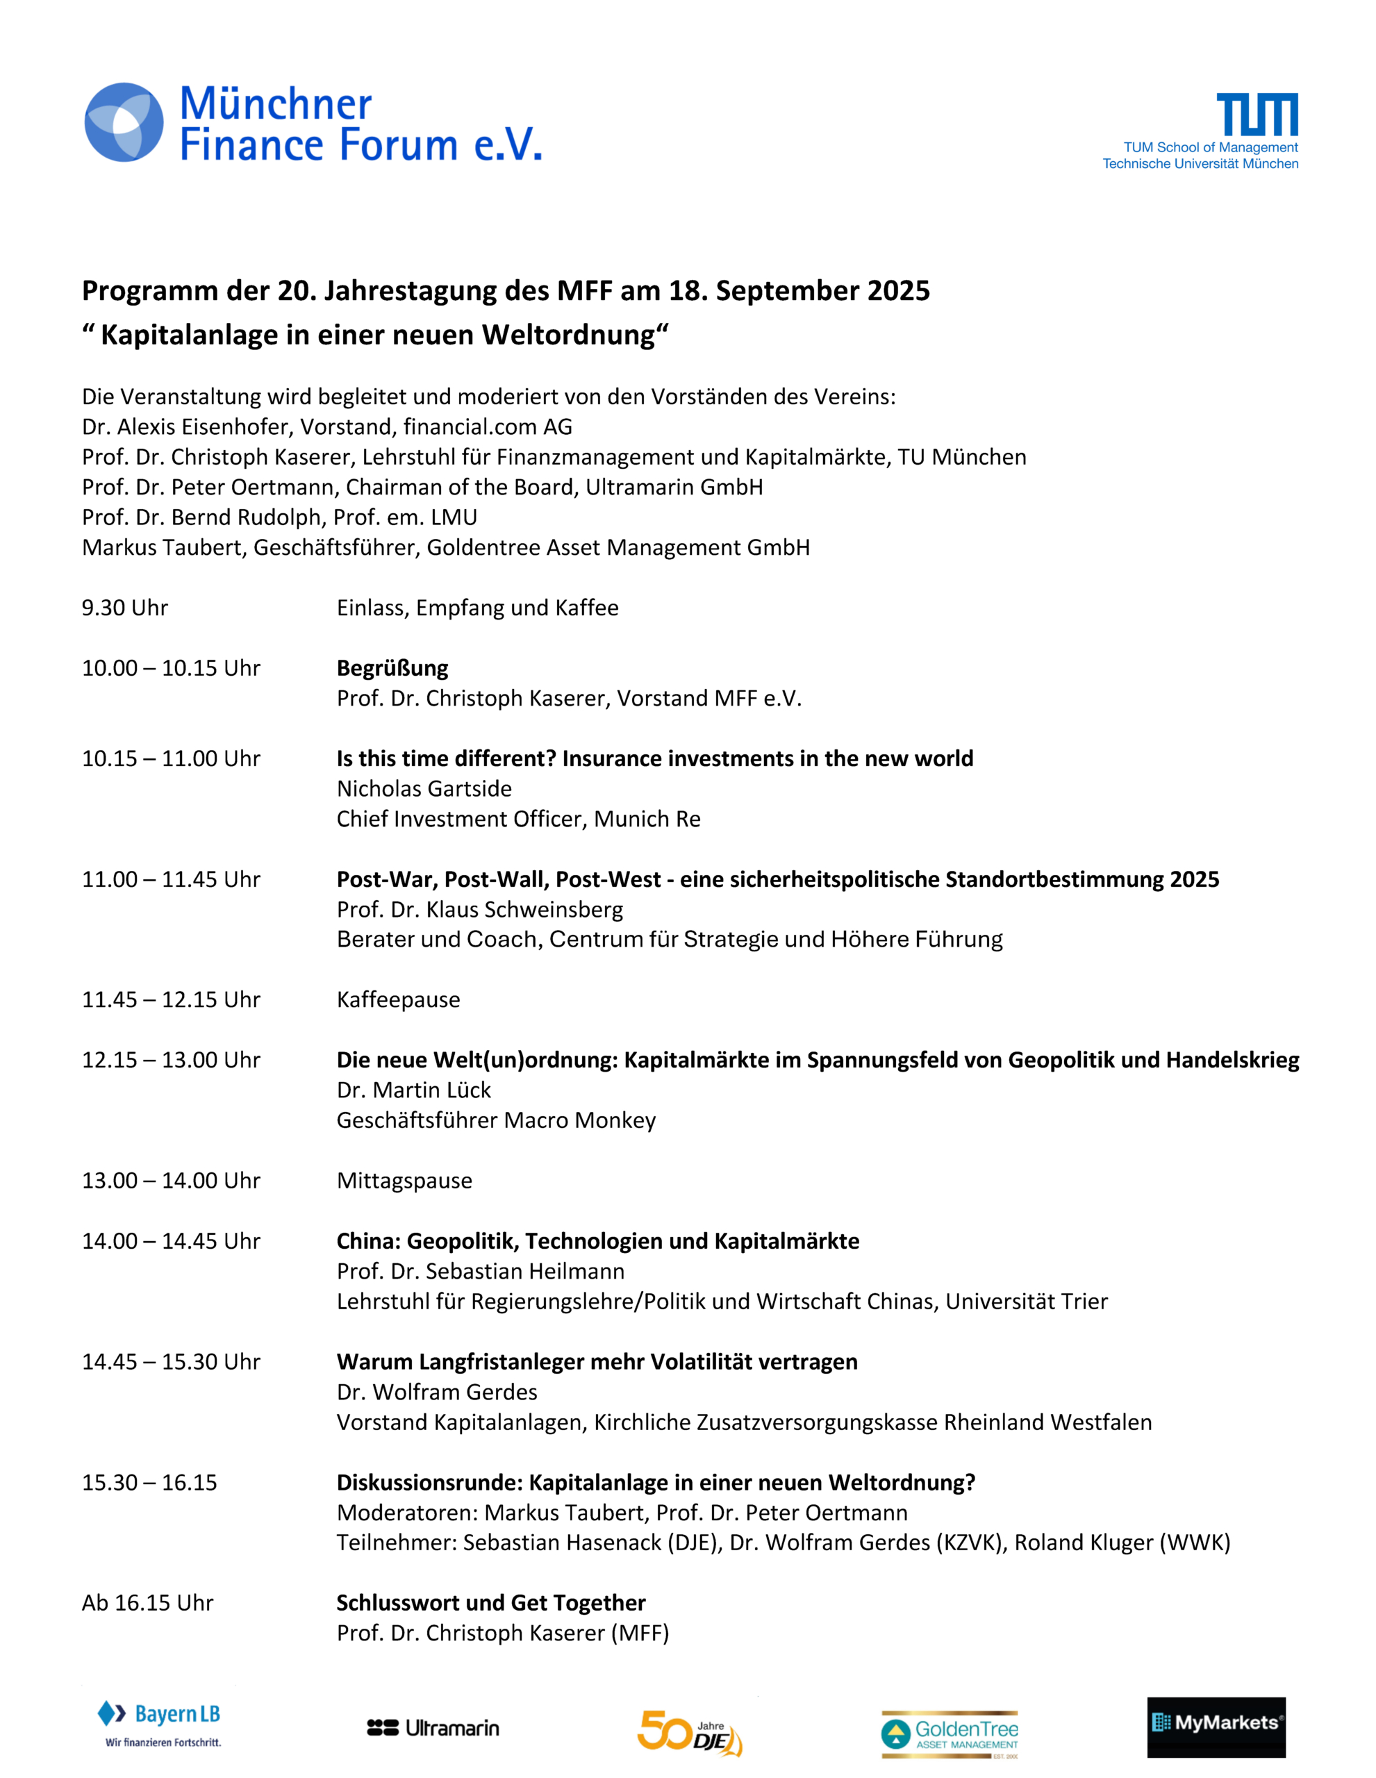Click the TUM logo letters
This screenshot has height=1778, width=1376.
point(1257,114)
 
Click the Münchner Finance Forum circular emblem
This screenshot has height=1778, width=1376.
point(124,122)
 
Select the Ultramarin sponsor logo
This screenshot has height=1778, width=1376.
point(433,1727)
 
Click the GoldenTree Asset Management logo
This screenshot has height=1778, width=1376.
point(950,1734)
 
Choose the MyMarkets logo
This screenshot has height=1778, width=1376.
point(1216,1727)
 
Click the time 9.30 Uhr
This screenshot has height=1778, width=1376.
point(124,608)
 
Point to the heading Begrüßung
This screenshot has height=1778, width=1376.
point(392,668)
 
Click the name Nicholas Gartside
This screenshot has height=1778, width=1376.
point(424,789)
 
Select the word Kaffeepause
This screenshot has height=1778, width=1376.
point(398,999)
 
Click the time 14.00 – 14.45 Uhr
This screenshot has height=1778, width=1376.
point(171,1240)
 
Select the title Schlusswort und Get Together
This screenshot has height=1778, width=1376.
point(491,1603)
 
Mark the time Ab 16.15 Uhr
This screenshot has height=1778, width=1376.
point(147,1603)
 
